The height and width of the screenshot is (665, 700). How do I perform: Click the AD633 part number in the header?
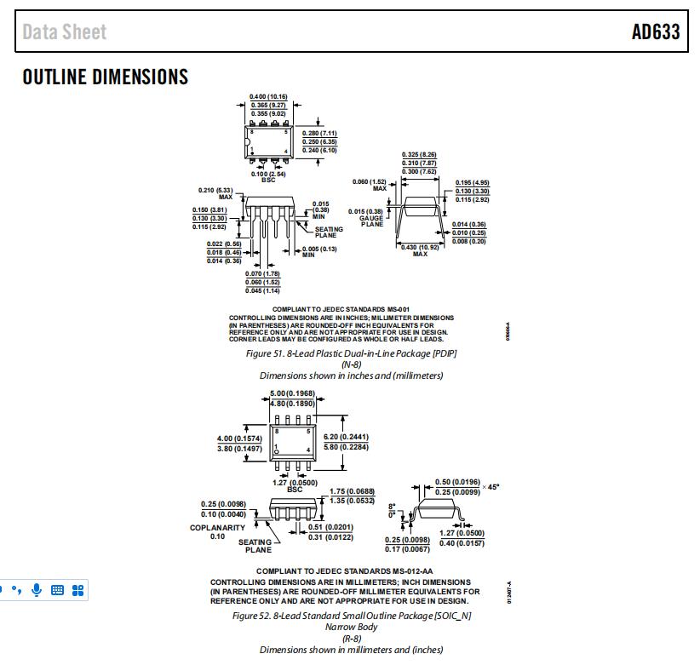655,32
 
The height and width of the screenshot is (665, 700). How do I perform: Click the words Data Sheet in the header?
65,32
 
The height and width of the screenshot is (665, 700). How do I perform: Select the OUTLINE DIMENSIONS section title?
106,77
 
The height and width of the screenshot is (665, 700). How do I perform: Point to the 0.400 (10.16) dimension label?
268,96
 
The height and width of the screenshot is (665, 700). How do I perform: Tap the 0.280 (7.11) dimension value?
320,133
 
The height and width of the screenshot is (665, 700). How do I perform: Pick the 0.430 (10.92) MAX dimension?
420,249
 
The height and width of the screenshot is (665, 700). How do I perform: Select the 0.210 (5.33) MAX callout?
215,192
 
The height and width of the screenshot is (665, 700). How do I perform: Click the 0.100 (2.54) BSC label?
268,175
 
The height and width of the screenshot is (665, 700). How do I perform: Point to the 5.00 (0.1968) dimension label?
292,393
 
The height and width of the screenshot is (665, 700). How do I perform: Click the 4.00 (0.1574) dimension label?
239,439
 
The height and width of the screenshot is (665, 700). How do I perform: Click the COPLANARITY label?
217,528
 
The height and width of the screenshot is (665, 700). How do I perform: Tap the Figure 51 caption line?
352,353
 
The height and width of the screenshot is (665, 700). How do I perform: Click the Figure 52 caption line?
352,615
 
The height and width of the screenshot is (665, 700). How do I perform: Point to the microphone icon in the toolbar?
37,589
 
